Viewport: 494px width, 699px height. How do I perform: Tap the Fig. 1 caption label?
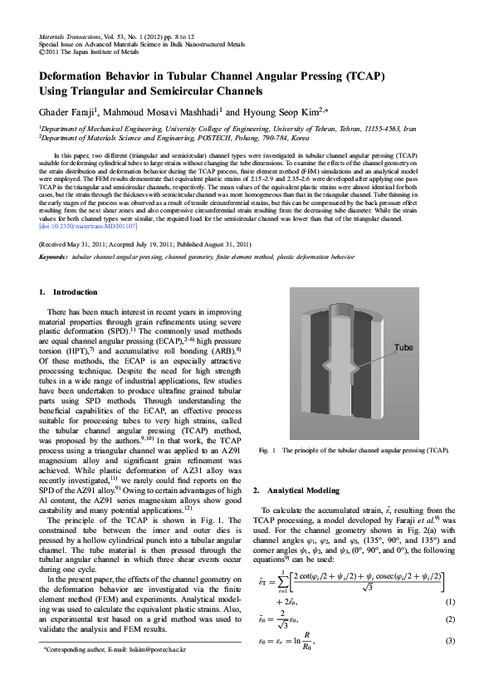pos(267,450)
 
